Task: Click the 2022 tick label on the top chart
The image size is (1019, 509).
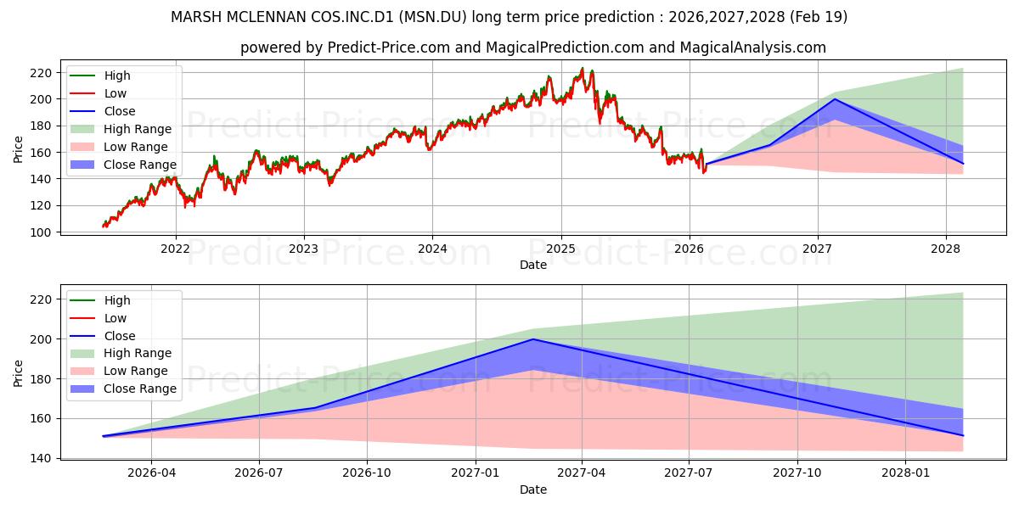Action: click(x=175, y=249)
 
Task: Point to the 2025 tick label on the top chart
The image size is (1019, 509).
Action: click(x=561, y=249)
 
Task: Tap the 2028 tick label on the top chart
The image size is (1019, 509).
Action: click(x=946, y=249)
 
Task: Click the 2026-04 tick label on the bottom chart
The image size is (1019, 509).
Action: click(x=151, y=473)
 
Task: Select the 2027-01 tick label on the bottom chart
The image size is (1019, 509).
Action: click(x=476, y=473)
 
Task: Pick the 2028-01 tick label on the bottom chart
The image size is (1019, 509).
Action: click(x=906, y=473)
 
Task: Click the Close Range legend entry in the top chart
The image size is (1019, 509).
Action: click(x=123, y=165)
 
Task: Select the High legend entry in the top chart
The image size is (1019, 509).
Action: click(x=100, y=76)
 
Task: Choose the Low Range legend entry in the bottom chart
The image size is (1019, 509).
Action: click(x=119, y=371)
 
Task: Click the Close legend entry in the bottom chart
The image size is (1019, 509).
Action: click(x=103, y=336)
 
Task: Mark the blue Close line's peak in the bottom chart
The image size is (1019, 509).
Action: click(x=533, y=339)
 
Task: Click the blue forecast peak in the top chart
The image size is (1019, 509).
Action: click(x=835, y=99)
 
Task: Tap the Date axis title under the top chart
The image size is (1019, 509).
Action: click(x=533, y=265)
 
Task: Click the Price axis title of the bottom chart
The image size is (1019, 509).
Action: click(x=18, y=373)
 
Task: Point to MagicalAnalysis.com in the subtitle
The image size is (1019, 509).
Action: click(x=753, y=48)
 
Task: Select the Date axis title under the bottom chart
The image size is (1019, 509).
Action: click(x=533, y=490)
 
